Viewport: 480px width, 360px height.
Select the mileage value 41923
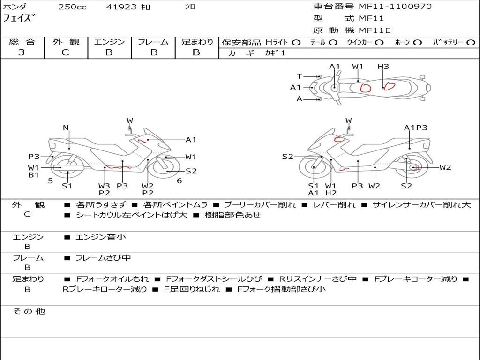coord(121,7)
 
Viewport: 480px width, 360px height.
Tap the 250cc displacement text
coord(72,7)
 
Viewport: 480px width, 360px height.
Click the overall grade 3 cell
coord(22,52)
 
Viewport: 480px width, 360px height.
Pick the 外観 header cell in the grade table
coord(66,42)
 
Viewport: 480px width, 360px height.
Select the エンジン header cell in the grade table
coord(109,42)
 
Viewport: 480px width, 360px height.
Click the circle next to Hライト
coord(296,43)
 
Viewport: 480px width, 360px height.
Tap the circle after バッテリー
coord(470,43)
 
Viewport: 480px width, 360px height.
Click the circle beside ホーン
coord(417,43)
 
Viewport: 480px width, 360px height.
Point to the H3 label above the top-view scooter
coord(383,67)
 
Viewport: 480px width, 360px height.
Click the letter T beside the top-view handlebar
coord(299,76)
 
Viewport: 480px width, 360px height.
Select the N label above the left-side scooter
coord(66,127)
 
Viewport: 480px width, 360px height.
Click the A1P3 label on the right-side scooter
coord(415,127)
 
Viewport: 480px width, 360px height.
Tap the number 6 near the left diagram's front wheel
coord(179,180)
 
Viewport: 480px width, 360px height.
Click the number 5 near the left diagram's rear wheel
coord(50,180)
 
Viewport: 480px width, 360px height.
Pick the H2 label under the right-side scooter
coord(331,193)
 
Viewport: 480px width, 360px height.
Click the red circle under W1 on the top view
coord(365,87)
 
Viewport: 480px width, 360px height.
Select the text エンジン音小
coord(101,237)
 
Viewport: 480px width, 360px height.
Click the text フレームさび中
coord(103,258)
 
